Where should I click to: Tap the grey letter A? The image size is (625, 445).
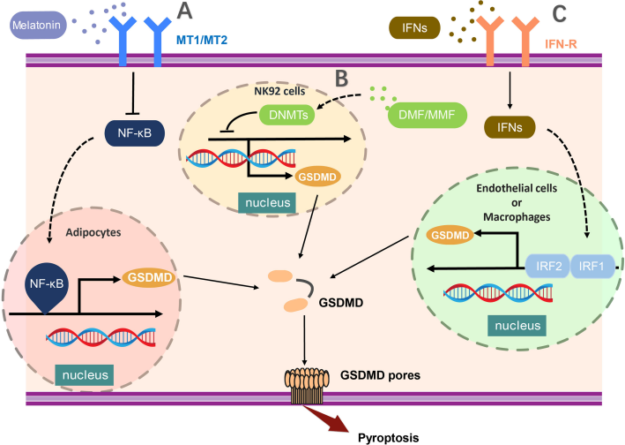click(184, 11)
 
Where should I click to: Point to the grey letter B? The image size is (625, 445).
click(342, 78)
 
